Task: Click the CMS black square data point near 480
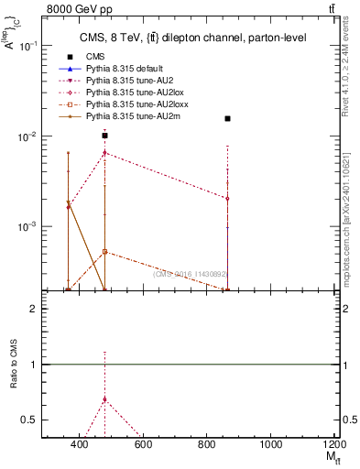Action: pos(105,136)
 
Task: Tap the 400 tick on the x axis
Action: pos(80,444)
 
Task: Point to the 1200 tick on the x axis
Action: pos(333,444)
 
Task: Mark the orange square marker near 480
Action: pos(105,251)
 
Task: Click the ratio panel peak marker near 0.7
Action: pos(105,398)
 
